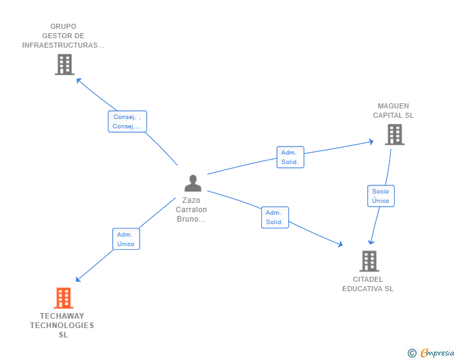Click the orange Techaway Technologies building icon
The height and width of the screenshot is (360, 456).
pos(63,298)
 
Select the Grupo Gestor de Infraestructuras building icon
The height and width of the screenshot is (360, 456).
pos(65,64)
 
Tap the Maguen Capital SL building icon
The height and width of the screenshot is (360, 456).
pos(394,135)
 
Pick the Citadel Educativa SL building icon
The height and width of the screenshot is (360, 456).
pos(369,261)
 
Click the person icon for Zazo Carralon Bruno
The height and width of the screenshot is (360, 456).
pos(193,183)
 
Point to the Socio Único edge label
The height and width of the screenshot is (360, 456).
pos(380,196)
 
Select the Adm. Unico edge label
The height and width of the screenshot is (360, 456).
pos(126,239)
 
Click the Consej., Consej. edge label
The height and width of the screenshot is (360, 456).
pos(127,121)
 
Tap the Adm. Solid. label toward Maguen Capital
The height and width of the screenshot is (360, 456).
pos(289,157)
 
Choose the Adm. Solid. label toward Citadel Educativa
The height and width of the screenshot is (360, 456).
pos(274,217)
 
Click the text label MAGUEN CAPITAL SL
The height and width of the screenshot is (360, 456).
pos(393,111)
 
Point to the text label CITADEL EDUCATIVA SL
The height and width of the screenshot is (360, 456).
pos(368,284)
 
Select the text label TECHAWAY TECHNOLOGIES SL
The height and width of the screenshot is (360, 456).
pos(62,325)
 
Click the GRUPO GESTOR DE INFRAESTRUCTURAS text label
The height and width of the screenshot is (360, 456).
pos(63,36)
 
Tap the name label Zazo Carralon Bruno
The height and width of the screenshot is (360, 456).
pos(191,210)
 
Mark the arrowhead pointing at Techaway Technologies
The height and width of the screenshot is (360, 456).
pos(78,280)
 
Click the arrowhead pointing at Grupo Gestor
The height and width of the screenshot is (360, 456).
pos(78,80)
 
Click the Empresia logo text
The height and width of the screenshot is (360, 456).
pos(437,353)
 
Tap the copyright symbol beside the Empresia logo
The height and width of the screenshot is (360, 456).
pos(412,353)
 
